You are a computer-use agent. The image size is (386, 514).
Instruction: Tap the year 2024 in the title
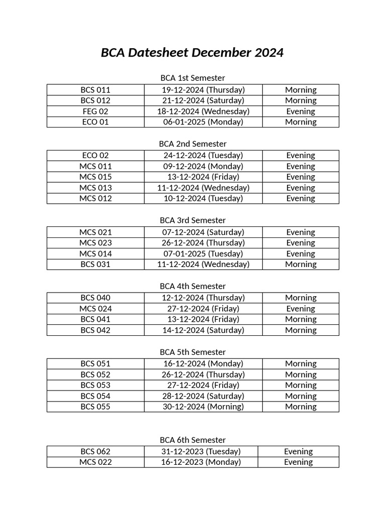(x=267, y=53)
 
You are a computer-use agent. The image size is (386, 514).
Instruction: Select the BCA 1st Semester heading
(x=192, y=78)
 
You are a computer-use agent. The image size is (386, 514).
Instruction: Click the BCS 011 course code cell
(x=95, y=90)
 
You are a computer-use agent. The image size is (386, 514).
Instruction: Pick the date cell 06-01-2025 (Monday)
(x=203, y=122)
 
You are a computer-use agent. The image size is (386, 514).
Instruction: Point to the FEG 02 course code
(x=95, y=111)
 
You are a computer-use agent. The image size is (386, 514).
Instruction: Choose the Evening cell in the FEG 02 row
(x=301, y=111)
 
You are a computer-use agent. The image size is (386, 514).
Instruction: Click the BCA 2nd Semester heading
(x=192, y=144)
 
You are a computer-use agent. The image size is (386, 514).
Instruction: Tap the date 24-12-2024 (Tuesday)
(x=203, y=156)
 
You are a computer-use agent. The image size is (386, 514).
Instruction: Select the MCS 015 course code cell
(x=95, y=177)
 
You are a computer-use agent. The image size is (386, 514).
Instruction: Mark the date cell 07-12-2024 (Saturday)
(x=203, y=232)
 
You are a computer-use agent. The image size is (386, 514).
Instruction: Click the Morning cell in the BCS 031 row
(x=301, y=265)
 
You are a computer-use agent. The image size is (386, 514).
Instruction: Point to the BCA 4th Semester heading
(x=192, y=287)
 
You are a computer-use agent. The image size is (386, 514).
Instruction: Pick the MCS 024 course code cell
(x=95, y=309)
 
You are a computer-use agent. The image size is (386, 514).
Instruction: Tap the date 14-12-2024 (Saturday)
(x=203, y=330)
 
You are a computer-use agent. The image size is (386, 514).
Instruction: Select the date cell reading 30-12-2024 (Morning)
(x=203, y=407)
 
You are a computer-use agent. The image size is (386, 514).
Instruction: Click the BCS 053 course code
(x=95, y=385)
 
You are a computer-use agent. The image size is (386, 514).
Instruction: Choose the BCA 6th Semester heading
(x=192, y=440)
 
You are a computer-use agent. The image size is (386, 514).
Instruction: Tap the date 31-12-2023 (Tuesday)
(x=201, y=452)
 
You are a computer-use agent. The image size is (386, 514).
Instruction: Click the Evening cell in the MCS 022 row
(x=299, y=462)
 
